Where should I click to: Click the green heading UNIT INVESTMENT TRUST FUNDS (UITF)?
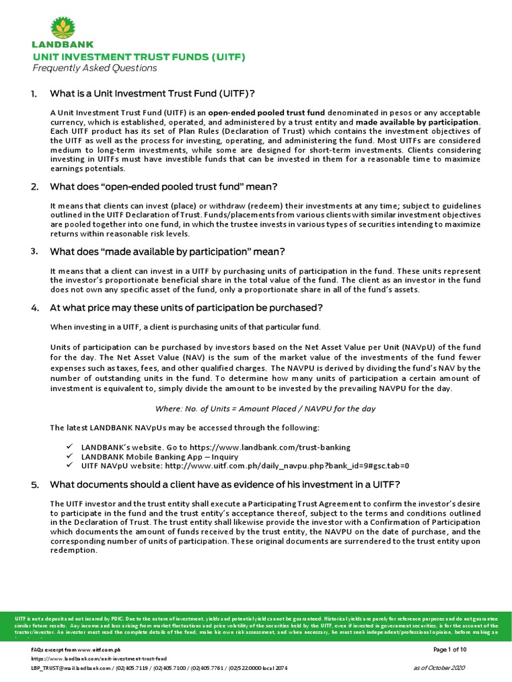pyautogui.click(x=139, y=57)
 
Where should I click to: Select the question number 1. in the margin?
pyautogui.click(x=35, y=93)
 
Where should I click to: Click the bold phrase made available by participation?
pyautogui.click(x=417, y=123)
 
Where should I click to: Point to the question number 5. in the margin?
pyautogui.click(x=35, y=484)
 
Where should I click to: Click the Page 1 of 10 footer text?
pyautogui.click(x=449, y=649)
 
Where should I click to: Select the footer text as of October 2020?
pyautogui.click(x=439, y=667)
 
